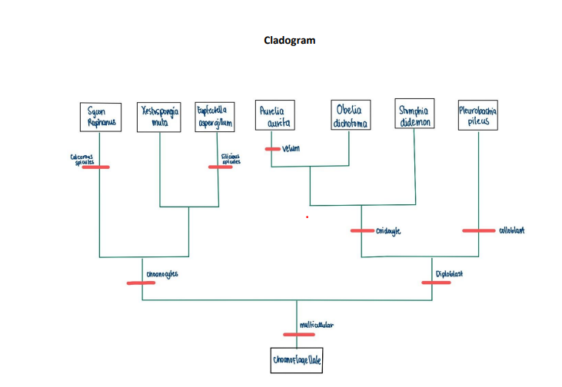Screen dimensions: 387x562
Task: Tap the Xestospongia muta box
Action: pyautogui.click(x=159, y=116)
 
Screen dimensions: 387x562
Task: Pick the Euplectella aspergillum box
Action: pyautogui.click(x=214, y=117)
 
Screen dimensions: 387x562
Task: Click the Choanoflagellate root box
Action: pyautogui.click(x=298, y=359)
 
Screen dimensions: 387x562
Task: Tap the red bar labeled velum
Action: pyautogui.click(x=272, y=149)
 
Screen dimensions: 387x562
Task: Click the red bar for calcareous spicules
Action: pyautogui.click(x=96, y=167)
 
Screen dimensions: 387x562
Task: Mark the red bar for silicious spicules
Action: pyautogui.click(x=221, y=167)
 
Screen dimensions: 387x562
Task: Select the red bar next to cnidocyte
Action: pyautogui.click(x=362, y=230)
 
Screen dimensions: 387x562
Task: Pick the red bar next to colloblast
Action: pyautogui.click(x=478, y=230)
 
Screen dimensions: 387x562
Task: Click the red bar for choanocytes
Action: pyautogui.click(x=141, y=283)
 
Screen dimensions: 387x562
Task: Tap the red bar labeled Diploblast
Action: pyautogui.click(x=436, y=283)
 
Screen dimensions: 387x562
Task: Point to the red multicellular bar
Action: pyautogui.click(x=298, y=334)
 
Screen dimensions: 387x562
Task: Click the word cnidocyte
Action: pyautogui.click(x=389, y=231)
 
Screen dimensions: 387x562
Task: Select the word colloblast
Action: pyautogui.click(x=511, y=230)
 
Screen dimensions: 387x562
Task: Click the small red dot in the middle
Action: pyautogui.click(x=307, y=217)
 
